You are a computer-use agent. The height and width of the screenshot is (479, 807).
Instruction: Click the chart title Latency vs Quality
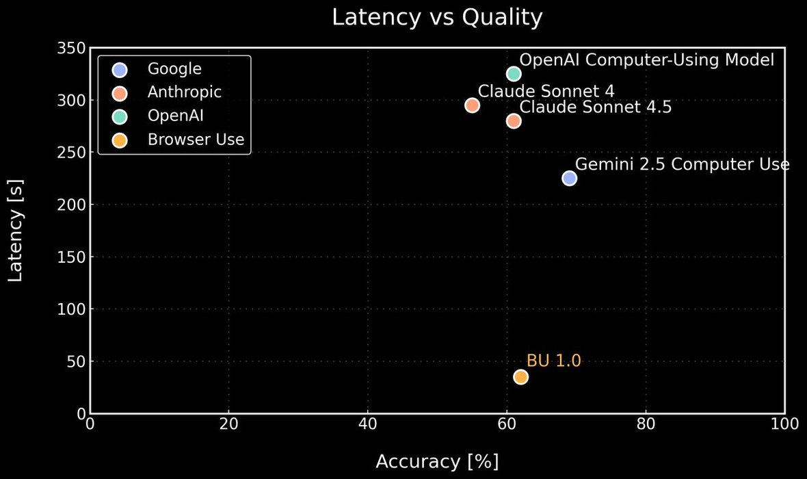pyautogui.click(x=437, y=18)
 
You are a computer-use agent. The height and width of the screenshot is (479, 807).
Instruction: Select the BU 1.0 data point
pyautogui.click(x=520, y=377)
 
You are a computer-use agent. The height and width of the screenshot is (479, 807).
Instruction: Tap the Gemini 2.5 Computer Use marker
pyautogui.click(x=569, y=178)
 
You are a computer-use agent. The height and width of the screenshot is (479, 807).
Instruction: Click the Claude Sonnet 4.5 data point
pyautogui.click(x=514, y=121)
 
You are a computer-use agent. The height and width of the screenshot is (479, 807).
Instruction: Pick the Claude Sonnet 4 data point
pyautogui.click(x=472, y=105)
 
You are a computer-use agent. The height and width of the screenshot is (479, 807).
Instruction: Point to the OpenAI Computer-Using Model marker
pyautogui.click(x=514, y=74)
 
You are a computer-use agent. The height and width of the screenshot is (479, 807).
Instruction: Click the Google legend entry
pyautogui.click(x=174, y=70)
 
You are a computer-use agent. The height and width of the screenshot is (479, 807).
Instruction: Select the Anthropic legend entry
pyautogui.click(x=184, y=92)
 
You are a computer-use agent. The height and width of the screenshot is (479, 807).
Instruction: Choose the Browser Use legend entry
pyautogui.click(x=196, y=140)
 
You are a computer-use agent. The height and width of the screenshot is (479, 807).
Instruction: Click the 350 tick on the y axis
pyautogui.click(x=71, y=49)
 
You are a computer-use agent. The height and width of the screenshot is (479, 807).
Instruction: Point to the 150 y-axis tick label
pyautogui.click(x=71, y=257)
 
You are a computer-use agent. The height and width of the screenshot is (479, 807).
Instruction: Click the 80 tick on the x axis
pyautogui.click(x=646, y=424)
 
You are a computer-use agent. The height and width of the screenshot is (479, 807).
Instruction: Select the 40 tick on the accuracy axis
pyautogui.click(x=368, y=424)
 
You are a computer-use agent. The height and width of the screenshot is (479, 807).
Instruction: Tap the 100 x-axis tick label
pyautogui.click(x=784, y=424)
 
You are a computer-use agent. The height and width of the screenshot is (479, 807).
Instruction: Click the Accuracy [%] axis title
pyautogui.click(x=437, y=462)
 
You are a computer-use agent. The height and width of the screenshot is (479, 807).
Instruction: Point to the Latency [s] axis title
pyautogui.click(x=16, y=231)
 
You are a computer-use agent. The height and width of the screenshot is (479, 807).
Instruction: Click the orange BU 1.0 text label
pyautogui.click(x=553, y=361)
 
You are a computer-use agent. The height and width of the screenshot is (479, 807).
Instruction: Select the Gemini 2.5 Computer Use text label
pyautogui.click(x=682, y=164)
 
